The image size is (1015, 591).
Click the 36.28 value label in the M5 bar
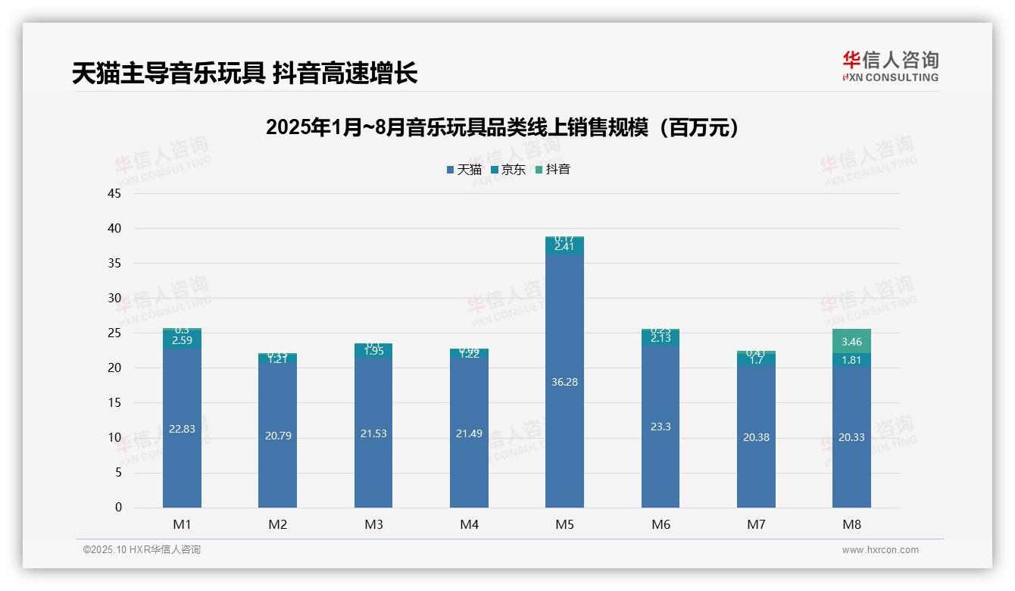[x=564, y=382]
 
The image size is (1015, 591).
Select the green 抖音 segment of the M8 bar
[x=851, y=341]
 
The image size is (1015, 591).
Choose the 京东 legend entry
[x=508, y=170]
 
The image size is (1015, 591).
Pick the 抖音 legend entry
[x=553, y=170]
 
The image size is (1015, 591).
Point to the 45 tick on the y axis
[x=114, y=194]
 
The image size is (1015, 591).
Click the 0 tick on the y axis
[x=118, y=508]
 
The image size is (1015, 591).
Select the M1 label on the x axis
[x=182, y=524]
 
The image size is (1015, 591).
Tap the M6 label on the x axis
[x=661, y=524]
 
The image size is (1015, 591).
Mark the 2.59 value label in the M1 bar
[x=182, y=340]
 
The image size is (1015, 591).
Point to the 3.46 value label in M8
[x=851, y=342]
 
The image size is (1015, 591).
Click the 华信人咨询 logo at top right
[x=890, y=66]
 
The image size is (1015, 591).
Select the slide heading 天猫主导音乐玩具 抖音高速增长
[x=245, y=73]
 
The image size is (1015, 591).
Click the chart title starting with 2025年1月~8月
[x=502, y=127]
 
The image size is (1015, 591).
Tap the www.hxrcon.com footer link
[x=880, y=550]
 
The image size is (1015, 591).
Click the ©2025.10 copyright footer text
[x=142, y=550]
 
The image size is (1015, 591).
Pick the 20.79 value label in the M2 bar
[x=278, y=436]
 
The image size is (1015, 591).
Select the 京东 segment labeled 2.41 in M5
[x=564, y=247]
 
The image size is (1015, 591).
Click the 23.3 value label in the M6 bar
[x=661, y=427]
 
